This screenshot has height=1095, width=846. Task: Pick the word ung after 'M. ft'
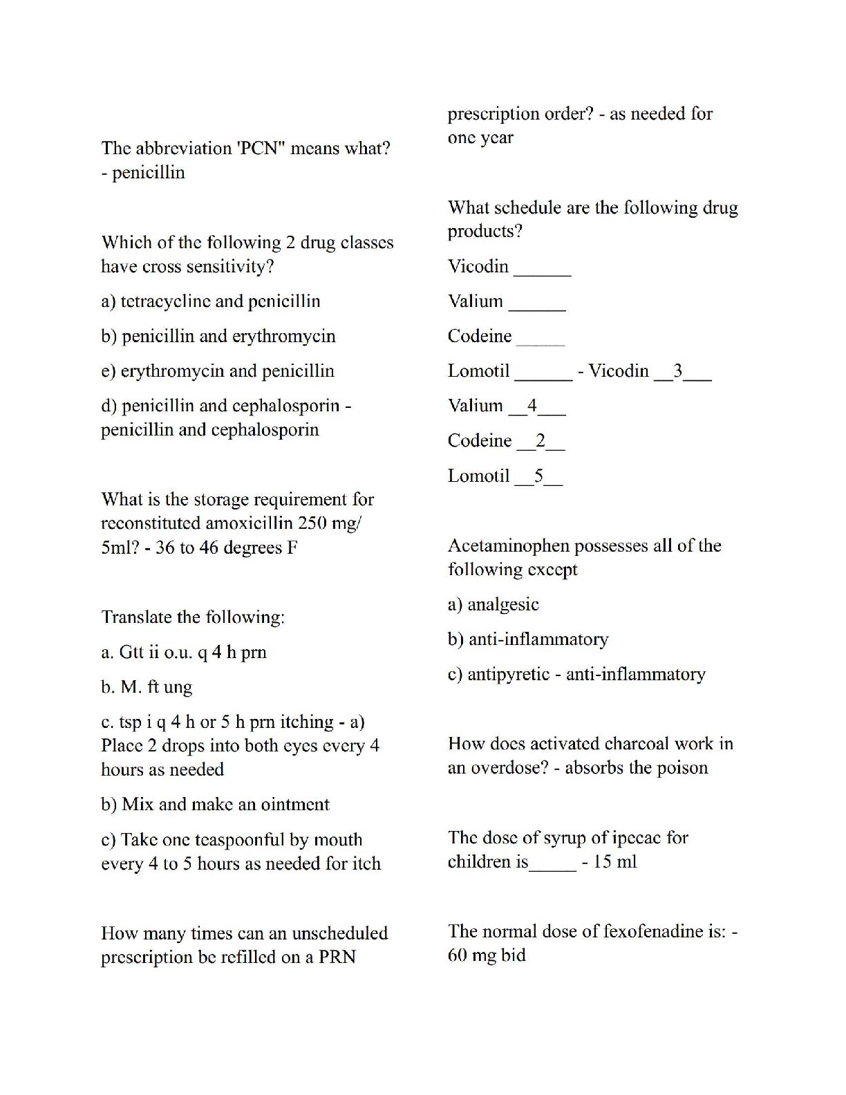(178, 688)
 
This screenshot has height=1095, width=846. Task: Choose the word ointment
(294, 805)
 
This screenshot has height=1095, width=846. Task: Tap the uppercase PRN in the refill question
(337, 957)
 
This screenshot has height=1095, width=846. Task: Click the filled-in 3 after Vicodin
(678, 371)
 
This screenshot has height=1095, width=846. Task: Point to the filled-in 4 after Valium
(532, 406)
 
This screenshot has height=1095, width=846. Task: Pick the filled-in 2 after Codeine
(540, 441)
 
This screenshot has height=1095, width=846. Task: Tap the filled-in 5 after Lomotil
(539, 476)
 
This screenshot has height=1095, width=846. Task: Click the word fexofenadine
(652, 931)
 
